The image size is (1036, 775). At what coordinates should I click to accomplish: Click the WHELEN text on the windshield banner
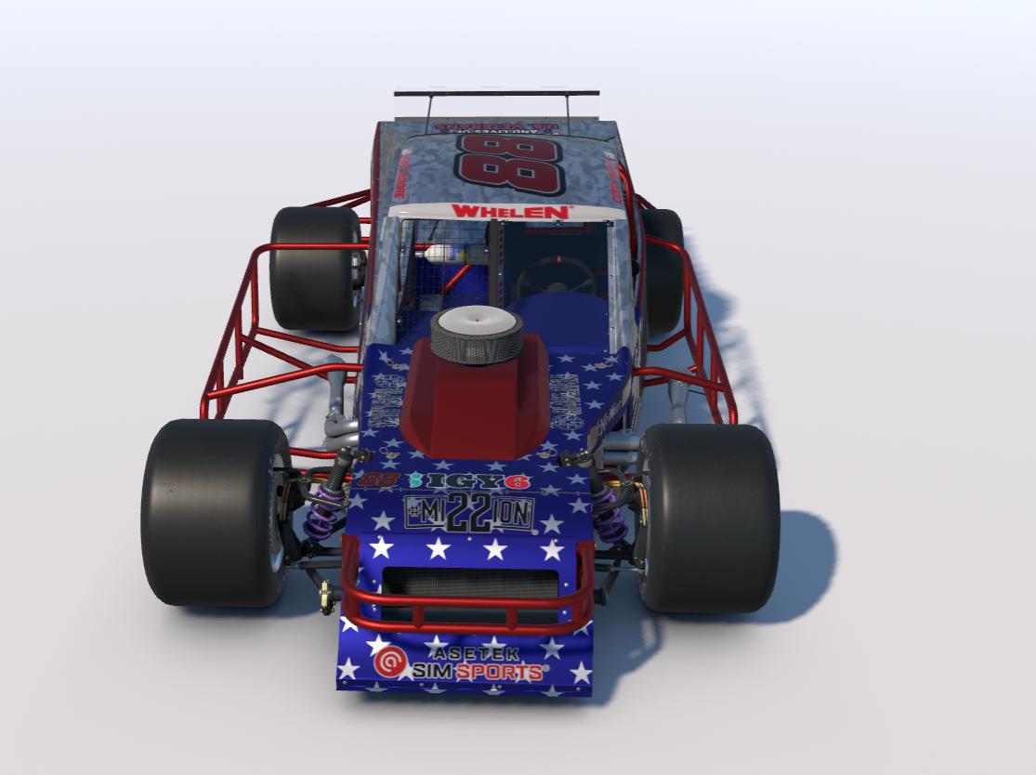click(x=510, y=212)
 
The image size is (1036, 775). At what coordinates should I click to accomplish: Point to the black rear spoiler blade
click(x=496, y=93)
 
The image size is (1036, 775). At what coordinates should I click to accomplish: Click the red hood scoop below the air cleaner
click(x=474, y=409)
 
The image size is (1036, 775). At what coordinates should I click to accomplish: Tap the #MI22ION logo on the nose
click(x=469, y=513)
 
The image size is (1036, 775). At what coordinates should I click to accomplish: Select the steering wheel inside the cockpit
click(x=556, y=275)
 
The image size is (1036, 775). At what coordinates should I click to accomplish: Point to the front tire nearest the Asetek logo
click(x=216, y=511)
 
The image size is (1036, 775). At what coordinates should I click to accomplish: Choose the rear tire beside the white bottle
click(x=314, y=268)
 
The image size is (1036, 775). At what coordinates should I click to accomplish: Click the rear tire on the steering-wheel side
click(x=662, y=269)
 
